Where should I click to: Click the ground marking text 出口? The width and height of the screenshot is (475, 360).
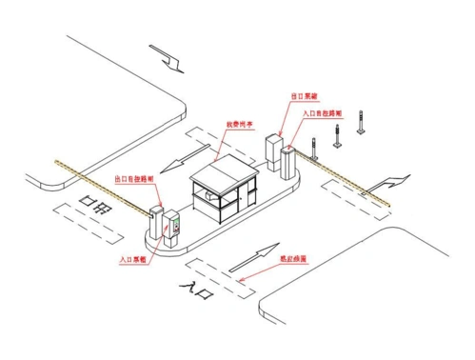pos(96,201)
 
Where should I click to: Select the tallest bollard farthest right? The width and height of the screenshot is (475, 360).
pos(359,122)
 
